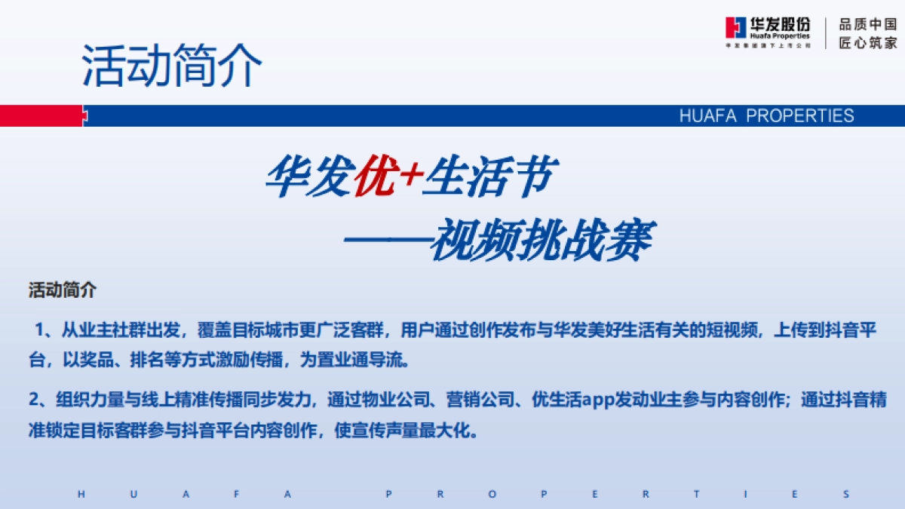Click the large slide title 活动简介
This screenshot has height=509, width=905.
pyautogui.click(x=172, y=66)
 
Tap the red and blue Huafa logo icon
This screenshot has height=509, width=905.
pyautogui.click(x=735, y=28)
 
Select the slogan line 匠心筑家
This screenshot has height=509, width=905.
pyautogui.click(x=868, y=43)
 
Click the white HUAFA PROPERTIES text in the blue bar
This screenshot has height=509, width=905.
pyautogui.click(x=766, y=115)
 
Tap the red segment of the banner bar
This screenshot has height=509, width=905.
pyautogui.click(x=41, y=115)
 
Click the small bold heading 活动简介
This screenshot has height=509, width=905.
pyautogui.click(x=63, y=290)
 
